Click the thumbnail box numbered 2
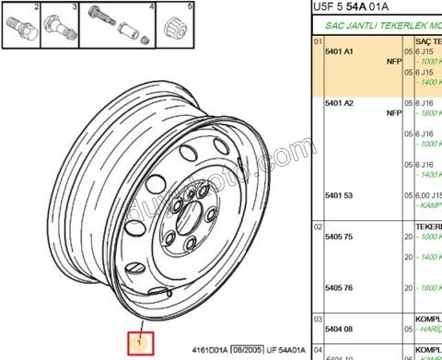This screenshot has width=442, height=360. [x=23, y=27]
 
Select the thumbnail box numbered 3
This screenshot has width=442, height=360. [x=63, y=27]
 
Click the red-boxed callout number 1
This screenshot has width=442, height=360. [x=139, y=343]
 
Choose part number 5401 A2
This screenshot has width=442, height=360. [x=340, y=103]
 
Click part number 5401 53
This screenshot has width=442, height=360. [x=340, y=195]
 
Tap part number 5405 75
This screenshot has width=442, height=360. [x=340, y=237]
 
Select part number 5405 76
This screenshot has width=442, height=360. [x=340, y=288]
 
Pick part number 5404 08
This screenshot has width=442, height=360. [x=340, y=329]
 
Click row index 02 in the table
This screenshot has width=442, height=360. [x=318, y=226]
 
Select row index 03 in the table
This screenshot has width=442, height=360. [x=318, y=318]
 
